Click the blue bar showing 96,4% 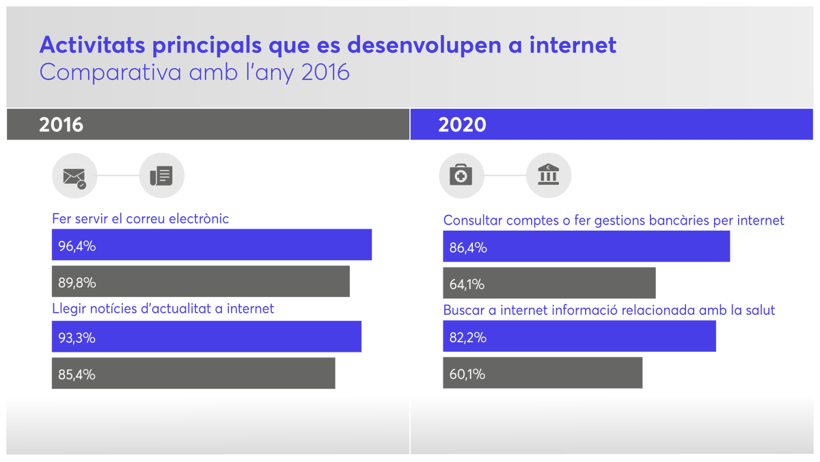(x=212, y=245)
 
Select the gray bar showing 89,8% (x=201, y=281)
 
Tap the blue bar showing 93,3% (x=206, y=337)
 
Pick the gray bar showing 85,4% (x=193, y=373)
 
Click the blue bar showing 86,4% (x=586, y=246)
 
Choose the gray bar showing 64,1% (x=549, y=283)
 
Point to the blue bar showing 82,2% (x=579, y=337)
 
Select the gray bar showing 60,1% (x=543, y=373)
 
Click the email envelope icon (x=74, y=176)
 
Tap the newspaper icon (x=162, y=176)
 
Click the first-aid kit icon (x=461, y=176)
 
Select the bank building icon (x=549, y=176)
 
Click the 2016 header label (x=61, y=125)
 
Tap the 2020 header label (x=463, y=125)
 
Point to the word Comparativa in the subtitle (x=102, y=72)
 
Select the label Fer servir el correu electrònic (x=140, y=219)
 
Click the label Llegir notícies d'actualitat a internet (x=163, y=309)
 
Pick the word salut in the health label (x=761, y=310)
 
